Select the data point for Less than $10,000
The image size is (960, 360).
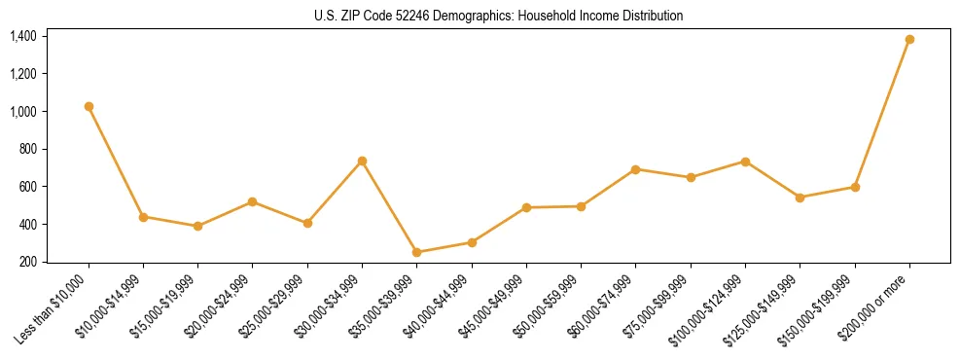89,106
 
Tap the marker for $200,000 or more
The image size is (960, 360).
909,39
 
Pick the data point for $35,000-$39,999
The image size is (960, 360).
417,252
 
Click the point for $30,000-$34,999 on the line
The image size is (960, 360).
362,161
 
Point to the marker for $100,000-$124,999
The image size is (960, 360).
745,162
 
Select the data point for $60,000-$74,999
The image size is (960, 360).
635,169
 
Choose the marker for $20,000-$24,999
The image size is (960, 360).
253,201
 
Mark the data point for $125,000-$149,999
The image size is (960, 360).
800,198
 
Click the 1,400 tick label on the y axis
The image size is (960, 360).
23,36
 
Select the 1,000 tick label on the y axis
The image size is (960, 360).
23,112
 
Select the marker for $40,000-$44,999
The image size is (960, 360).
472,242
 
